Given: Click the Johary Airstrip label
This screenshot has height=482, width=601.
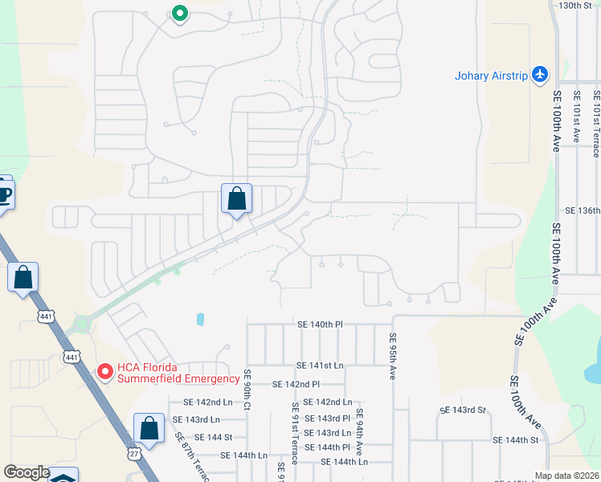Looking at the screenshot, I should [x=490, y=76].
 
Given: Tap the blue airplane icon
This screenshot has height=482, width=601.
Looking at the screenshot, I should [x=539, y=75].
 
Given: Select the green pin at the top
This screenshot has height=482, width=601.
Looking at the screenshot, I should [x=179, y=14].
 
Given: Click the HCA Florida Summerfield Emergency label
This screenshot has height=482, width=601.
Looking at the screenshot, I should [x=178, y=374].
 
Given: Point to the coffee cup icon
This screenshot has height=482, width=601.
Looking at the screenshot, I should [x=3, y=194].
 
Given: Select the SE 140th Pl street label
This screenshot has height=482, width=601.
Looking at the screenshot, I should [x=320, y=325].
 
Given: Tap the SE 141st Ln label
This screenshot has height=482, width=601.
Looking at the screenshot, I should [x=319, y=366].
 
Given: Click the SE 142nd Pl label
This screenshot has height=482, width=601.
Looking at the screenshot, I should [x=296, y=385].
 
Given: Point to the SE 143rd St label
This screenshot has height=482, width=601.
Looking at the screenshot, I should [x=463, y=411].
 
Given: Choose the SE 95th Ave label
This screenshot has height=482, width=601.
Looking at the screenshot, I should [x=393, y=357].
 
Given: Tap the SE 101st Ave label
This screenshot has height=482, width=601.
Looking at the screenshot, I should [x=576, y=117].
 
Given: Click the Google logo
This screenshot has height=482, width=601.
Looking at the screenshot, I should [x=26, y=472].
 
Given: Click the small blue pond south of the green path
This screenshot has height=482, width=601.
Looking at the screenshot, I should [x=199, y=319].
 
